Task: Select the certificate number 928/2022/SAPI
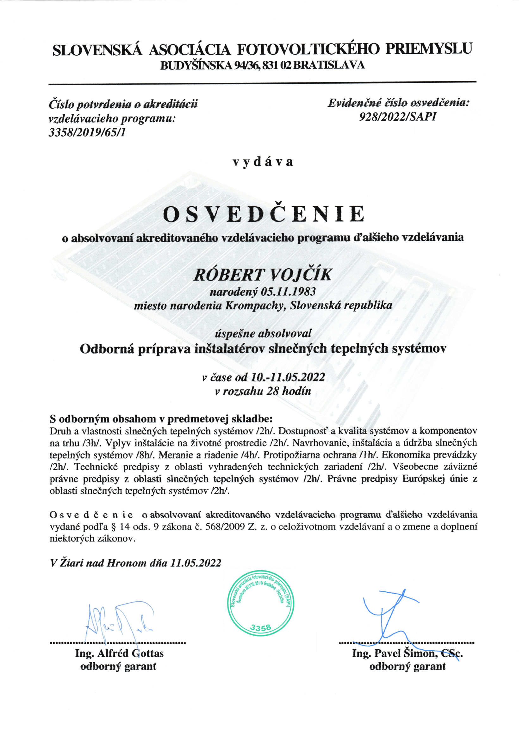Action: pyautogui.click(x=398, y=117)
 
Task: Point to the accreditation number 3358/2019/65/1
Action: pyautogui.click(x=87, y=132)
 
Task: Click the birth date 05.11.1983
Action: pyautogui.click(x=288, y=292)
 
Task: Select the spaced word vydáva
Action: pyautogui.click(x=263, y=162)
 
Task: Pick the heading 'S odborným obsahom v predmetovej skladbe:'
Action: pyautogui.click(x=161, y=419)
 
